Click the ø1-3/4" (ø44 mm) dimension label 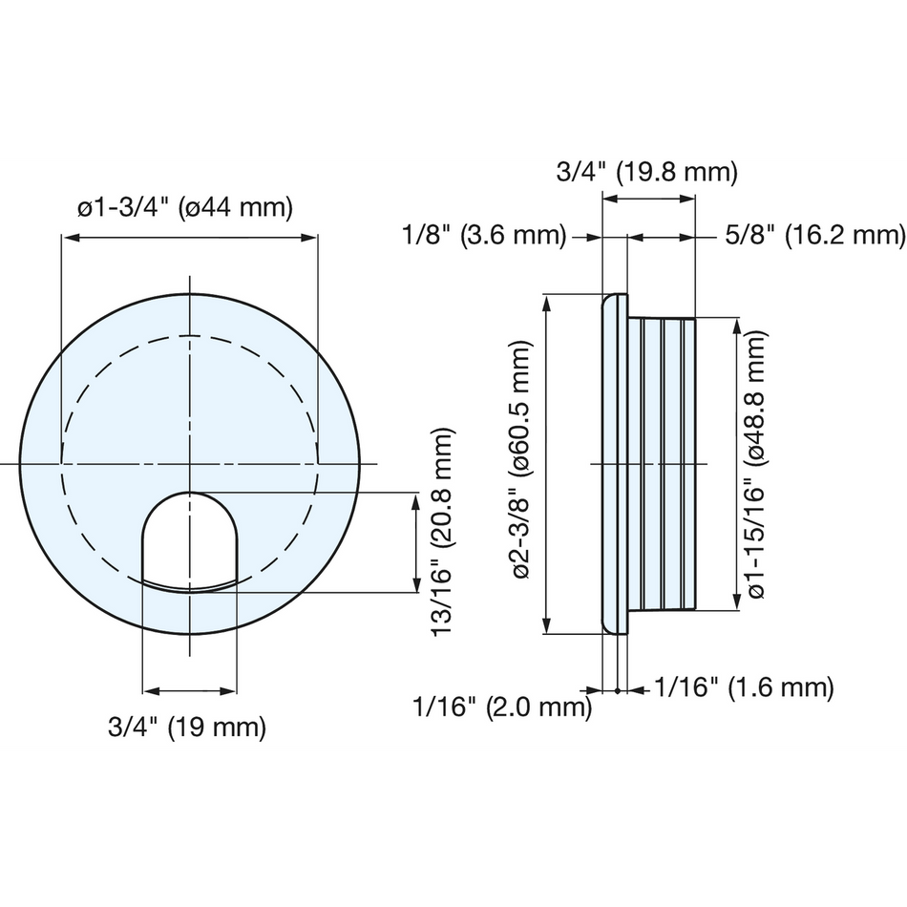click(185, 207)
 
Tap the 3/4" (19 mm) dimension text click(187, 727)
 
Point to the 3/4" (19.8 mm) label click(646, 172)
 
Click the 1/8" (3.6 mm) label click(484, 236)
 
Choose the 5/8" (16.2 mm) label click(814, 236)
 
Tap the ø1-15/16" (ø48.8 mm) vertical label click(757, 465)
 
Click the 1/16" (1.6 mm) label click(744, 687)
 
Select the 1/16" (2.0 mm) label click(502, 707)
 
